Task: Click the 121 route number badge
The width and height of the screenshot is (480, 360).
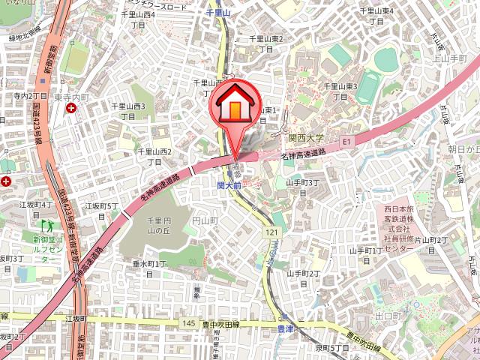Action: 271,233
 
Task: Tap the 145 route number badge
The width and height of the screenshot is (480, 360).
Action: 188,323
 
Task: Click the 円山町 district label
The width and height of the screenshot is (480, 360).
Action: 204,220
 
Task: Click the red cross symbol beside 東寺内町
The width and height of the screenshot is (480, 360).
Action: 70,109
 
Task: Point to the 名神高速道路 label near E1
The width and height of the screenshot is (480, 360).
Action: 304,154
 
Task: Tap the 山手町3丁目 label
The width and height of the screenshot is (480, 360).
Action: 303,187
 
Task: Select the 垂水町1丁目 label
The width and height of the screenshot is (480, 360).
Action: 149,268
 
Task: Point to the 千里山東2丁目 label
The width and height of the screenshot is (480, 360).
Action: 266,43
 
